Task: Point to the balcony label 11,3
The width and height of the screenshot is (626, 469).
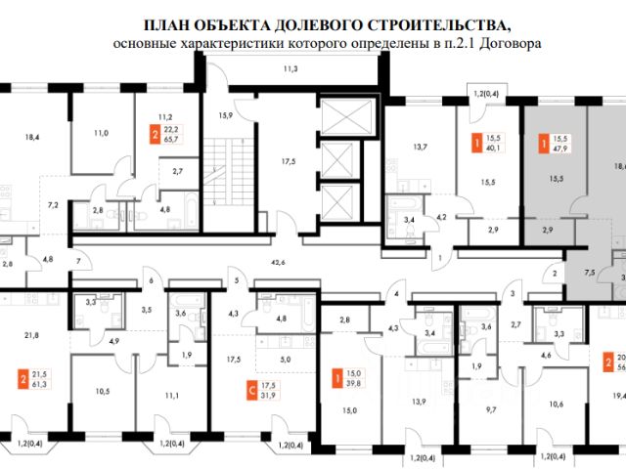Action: pyautogui.click(x=291, y=69)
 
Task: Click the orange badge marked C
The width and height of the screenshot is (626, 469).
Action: pyautogui.click(x=250, y=362)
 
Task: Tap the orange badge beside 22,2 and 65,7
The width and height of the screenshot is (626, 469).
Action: pyautogui.click(x=155, y=136)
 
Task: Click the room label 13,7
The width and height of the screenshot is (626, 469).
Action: pyautogui.click(x=421, y=147)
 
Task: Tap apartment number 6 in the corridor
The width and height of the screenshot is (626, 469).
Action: pyautogui.click(x=152, y=280)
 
